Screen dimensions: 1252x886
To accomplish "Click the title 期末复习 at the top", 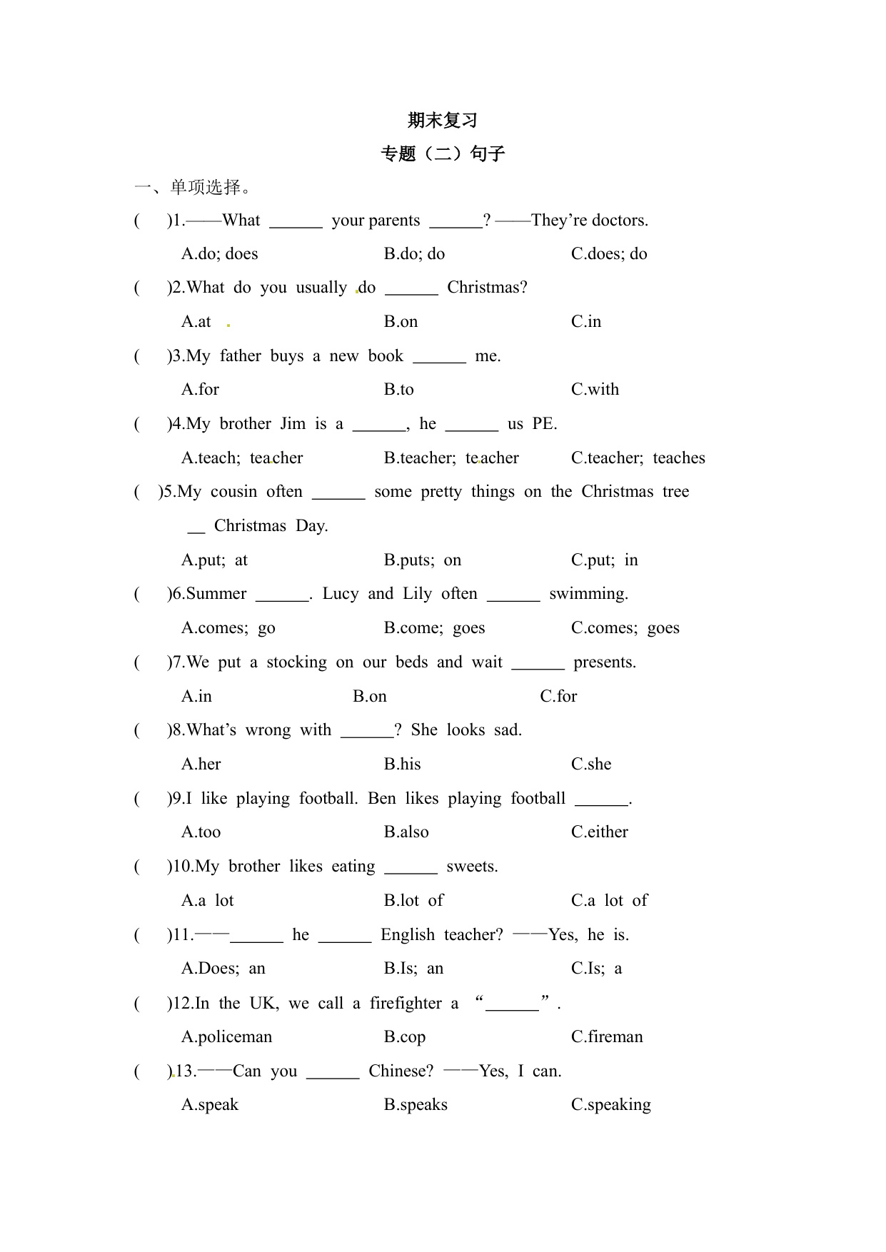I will coord(442,121).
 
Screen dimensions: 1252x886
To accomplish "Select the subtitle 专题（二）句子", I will coord(443,154).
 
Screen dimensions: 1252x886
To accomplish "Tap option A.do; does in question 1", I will coord(219,254).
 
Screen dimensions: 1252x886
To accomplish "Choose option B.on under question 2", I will coord(401,322).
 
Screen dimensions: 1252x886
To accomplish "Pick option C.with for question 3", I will coord(595,390).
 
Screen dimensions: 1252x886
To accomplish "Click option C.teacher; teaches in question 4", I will coord(638,458).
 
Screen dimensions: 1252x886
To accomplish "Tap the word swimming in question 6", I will coord(588,594).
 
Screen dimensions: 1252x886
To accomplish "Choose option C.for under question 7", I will coord(558,697).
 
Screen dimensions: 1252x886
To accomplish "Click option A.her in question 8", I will coord(201,764).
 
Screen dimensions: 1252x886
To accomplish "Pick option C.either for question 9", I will coord(599,832).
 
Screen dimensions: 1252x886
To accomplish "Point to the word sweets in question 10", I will coord(472,867).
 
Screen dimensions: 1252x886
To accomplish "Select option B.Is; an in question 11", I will coord(413,969).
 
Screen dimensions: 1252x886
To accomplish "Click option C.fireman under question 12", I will coord(607,1037).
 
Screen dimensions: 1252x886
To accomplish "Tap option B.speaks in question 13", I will coord(416,1105).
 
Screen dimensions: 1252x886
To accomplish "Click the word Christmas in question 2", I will coord(487,288).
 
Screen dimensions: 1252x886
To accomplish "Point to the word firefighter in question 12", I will coord(406,1004).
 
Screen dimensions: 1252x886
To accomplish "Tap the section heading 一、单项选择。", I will coord(193,188).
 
